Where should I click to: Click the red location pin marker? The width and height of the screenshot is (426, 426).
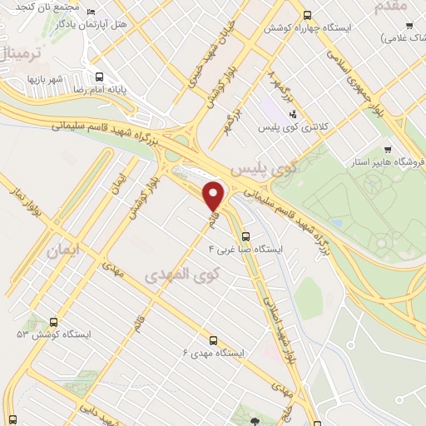click(x=214, y=195)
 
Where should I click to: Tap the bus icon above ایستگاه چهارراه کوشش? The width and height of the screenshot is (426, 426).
click(x=308, y=15)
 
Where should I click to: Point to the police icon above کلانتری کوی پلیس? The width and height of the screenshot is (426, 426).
click(x=292, y=113)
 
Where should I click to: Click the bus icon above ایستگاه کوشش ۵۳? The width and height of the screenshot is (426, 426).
click(x=55, y=321)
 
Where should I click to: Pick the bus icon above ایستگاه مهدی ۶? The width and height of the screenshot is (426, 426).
click(x=213, y=339)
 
